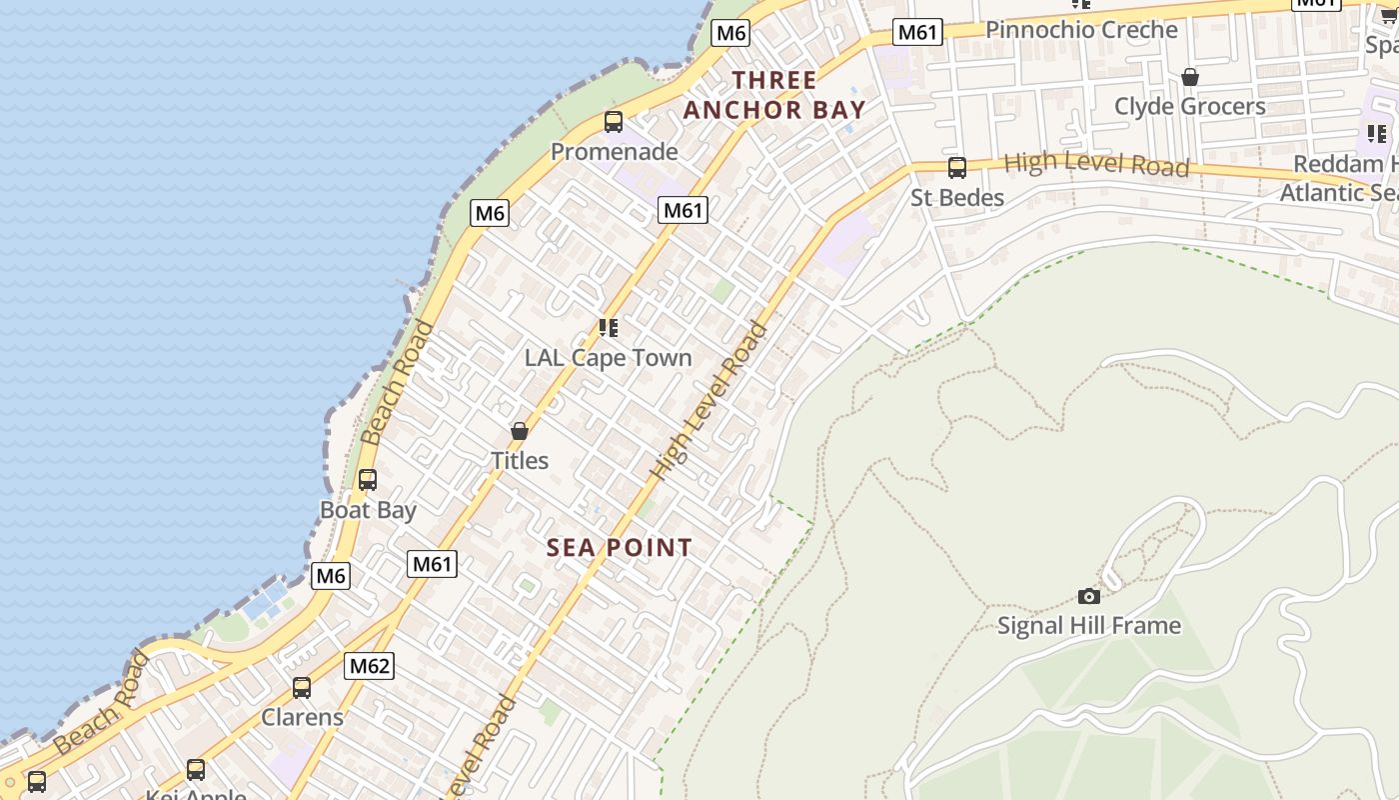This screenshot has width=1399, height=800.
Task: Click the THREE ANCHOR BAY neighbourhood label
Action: tap(774, 95)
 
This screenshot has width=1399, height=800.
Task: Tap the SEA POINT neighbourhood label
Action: tap(620, 548)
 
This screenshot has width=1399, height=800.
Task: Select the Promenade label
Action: tap(615, 152)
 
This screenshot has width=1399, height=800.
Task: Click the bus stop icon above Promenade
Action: tap(614, 122)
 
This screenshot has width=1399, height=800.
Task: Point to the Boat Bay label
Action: tap(368, 510)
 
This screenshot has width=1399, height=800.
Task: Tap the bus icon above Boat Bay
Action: tap(368, 480)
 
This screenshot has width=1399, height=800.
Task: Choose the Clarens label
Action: tap(302, 717)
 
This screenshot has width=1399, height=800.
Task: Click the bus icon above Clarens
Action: tap(302, 688)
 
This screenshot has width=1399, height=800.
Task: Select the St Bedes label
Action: tap(957, 198)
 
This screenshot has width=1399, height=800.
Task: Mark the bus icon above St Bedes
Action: tap(957, 168)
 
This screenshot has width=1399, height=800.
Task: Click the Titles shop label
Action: tap(520, 461)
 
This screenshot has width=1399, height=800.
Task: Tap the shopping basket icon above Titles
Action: tap(520, 431)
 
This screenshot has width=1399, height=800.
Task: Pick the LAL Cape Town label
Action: tap(609, 358)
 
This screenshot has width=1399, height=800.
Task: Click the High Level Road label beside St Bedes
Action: tap(1096, 164)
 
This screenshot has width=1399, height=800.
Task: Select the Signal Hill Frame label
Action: tap(1089, 626)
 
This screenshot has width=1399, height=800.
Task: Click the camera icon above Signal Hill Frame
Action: tap(1089, 597)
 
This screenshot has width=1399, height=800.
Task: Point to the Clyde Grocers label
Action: tap(1190, 106)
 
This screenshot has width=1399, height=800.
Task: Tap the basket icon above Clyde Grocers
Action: tap(1190, 77)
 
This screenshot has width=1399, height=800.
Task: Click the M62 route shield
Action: tap(370, 666)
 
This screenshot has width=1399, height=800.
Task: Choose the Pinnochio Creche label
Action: tap(1082, 30)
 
